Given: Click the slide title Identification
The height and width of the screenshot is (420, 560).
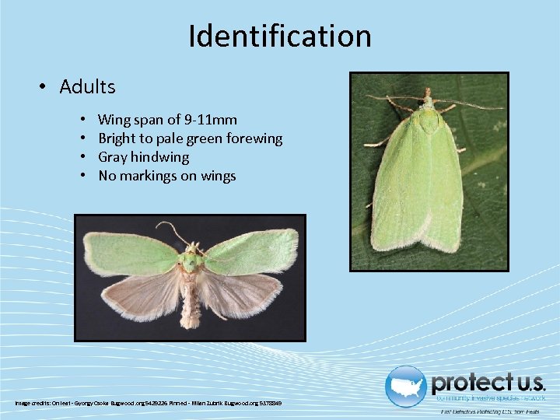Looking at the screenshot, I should coord(280,36).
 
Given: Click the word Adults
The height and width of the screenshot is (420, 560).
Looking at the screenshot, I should coord(87,86).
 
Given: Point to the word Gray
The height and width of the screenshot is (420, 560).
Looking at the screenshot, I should coord(113,157).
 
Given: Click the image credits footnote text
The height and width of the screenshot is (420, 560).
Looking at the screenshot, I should coord(148,403).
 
